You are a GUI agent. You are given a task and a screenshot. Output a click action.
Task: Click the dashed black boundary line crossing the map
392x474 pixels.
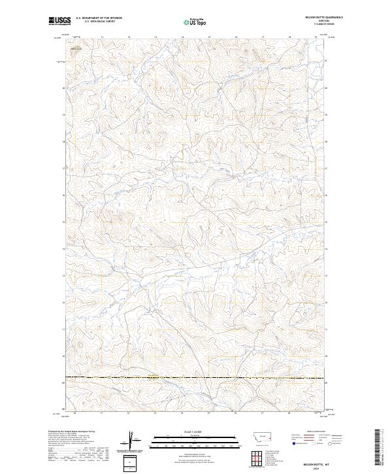coord(196,379)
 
